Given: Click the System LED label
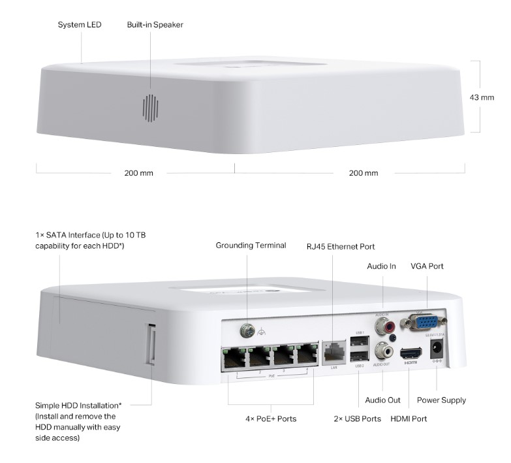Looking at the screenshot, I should point(80,25).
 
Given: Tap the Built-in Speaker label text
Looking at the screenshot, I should point(155,25).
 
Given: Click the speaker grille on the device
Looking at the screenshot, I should point(151,108).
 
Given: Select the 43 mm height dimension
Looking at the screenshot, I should point(482,97).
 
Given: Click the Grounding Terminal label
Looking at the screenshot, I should point(251,246).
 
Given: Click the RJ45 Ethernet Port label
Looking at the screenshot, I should point(341,247).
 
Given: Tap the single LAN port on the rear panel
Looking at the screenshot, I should point(333,353).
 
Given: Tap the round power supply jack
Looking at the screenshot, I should point(436,353).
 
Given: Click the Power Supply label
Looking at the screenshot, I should point(441,400).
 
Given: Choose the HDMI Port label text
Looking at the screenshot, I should point(409,419).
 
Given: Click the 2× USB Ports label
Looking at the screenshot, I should point(357,419).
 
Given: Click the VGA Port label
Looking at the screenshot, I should point(427,266).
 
